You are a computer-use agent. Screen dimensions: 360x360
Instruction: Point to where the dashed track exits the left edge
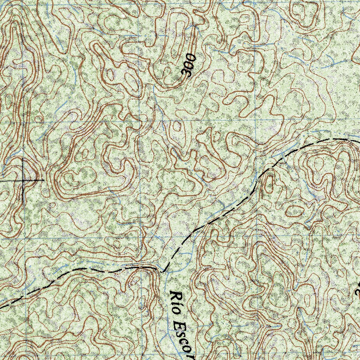tap(1, 307)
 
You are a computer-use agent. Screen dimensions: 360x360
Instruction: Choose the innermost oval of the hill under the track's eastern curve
tap(319, 163)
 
